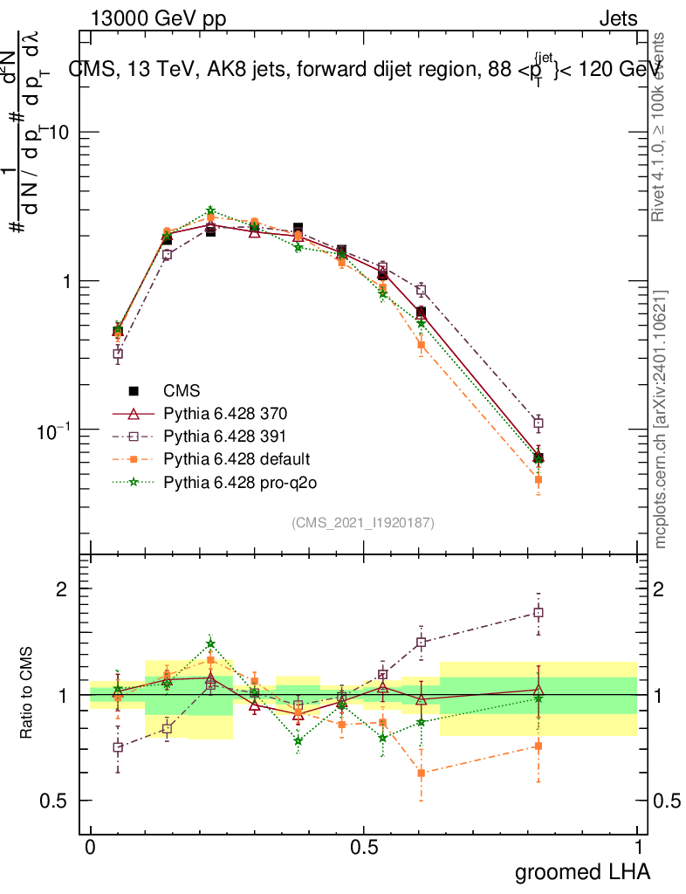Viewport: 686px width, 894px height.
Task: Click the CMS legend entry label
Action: (182, 391)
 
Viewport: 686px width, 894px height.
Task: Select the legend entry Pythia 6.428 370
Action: (224, 413)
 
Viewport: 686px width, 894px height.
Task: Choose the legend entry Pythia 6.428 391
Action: (224, 436)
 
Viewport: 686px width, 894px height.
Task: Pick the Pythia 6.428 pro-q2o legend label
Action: (234, 481)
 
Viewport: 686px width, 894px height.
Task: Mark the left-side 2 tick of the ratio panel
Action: (62, 589)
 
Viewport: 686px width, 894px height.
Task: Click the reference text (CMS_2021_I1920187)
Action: (363, 522)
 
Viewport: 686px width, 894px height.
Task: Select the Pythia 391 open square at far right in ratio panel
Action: (539, 613)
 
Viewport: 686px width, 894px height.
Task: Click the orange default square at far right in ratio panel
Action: (539, 746)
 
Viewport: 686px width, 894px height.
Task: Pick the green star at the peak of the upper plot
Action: (210, 211)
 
